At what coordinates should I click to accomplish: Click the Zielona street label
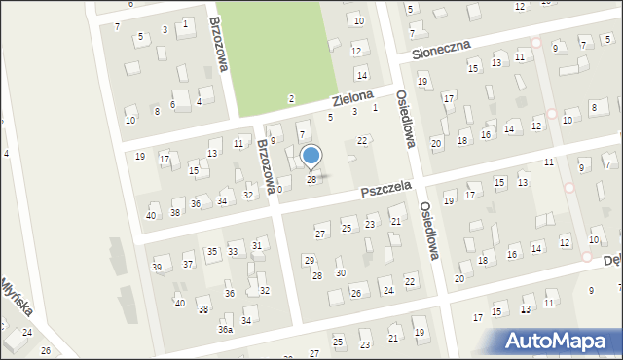click(351, 99)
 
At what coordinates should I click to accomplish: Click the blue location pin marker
click(311, 157)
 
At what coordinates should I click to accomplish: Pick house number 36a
click(225, 330)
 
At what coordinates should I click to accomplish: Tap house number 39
click(157, 268)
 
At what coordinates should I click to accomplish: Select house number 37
click(188, 264)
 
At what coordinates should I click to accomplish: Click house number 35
click(212, 252)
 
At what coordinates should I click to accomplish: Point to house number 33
click(233, 252)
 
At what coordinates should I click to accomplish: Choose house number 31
click(257, 245)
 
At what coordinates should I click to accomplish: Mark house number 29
click(309, 260)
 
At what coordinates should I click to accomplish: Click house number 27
click(319, 234)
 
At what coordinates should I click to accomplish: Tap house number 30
click(340, 272)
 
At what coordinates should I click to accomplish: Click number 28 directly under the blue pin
click(311, 180)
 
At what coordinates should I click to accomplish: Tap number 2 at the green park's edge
click(291, 99)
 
